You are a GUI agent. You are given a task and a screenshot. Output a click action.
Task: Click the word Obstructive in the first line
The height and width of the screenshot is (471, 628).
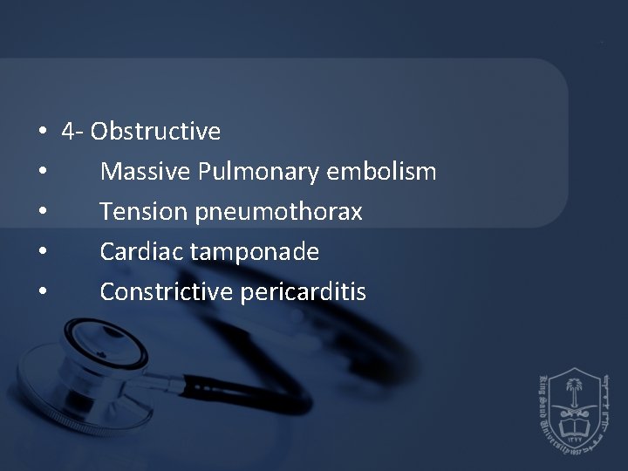pos(155,132)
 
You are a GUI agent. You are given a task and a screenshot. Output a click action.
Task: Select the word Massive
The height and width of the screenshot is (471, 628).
pos(146,172)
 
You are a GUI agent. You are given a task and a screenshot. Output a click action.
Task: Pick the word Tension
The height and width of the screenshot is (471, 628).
pos(140,212)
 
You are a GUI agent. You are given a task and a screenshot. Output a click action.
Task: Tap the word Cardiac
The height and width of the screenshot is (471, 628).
pos(141,252)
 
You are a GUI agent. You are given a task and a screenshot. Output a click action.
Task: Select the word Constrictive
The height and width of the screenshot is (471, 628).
pos(164,292)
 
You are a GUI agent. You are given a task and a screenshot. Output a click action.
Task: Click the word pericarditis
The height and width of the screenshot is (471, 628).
pos(301,293)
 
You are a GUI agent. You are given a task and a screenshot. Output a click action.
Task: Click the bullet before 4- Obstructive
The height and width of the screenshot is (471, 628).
pos(42,133)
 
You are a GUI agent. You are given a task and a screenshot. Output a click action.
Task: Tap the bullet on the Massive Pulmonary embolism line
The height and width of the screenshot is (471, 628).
pos(42,173)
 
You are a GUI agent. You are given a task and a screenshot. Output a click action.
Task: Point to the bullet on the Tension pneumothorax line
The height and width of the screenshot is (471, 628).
pos(42,213)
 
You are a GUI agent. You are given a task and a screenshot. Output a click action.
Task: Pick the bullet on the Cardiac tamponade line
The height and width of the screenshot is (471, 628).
pos(42,253)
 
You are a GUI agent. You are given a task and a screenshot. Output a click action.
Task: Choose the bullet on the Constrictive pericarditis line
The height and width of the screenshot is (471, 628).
pos(42,293)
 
